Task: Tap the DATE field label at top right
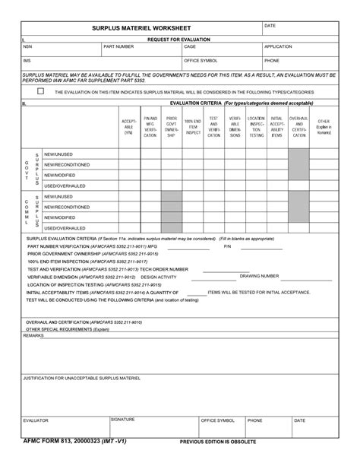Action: [x=270, y=26]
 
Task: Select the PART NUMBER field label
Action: [x=118, y=46]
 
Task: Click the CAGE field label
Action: [x=190, y=46]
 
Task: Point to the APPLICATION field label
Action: [x=278, y=46]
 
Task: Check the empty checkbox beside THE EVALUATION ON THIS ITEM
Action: [x=41, y=91]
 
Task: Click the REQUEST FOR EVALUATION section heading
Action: [x=179, y=38]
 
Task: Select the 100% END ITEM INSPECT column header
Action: [x=193, y=127]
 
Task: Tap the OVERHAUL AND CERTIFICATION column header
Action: [x=298, y=127]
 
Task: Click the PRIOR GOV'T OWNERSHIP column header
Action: [x=172, y=127]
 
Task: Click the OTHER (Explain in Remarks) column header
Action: [x=324, y=127]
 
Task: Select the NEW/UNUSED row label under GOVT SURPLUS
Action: [x=58, y=154]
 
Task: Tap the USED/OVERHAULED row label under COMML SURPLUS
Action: [x=64, y=227]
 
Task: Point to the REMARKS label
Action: [x=34, y=335]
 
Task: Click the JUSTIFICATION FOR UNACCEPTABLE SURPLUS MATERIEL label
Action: [x=83, y=378]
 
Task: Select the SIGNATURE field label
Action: [x=123, y=419]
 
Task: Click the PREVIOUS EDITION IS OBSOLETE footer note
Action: [x=218, y=442]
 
